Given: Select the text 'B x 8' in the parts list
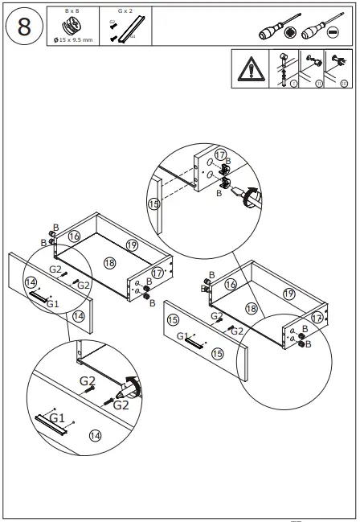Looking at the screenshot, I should click(x=72, y=11).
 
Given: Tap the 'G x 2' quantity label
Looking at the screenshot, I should click(x=124, y=11).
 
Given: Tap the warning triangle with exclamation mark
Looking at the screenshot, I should click(x=250, y=71).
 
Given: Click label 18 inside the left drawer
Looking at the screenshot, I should click(x=109, y=263).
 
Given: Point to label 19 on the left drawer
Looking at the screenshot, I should click(x=133, y=245).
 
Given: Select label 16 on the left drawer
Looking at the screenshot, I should click(x=74, y=236).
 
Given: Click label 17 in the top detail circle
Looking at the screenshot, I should click(x=220, y=155).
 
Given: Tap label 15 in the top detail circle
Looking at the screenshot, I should click(x=154, y=204).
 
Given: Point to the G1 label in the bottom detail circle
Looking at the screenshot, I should click(x=56, y=418).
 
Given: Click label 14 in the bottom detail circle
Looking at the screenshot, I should click(x=95, y=435).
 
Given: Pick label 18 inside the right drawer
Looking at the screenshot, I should click(x=252, y=308).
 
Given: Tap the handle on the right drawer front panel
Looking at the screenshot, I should click(x=194, y=343).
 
